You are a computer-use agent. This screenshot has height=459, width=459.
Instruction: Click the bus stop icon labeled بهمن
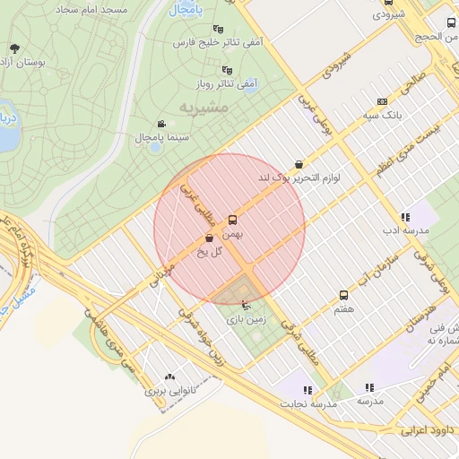coord(233,219)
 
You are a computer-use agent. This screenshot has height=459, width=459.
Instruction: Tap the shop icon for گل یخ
coord(210,238)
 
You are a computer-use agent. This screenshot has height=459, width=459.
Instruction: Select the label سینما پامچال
coord(160,137)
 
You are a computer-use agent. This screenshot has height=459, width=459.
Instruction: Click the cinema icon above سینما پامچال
coord(160,124)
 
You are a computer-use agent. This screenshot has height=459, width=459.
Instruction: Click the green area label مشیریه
coord(204,107)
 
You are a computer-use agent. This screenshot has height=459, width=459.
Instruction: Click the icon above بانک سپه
coord(383,101)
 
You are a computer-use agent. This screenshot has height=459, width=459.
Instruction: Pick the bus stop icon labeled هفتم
coord(343,295)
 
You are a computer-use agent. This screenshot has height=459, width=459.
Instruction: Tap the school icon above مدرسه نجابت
coord(307,390)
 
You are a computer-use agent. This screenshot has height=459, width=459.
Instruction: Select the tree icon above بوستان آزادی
coord(13,48)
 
